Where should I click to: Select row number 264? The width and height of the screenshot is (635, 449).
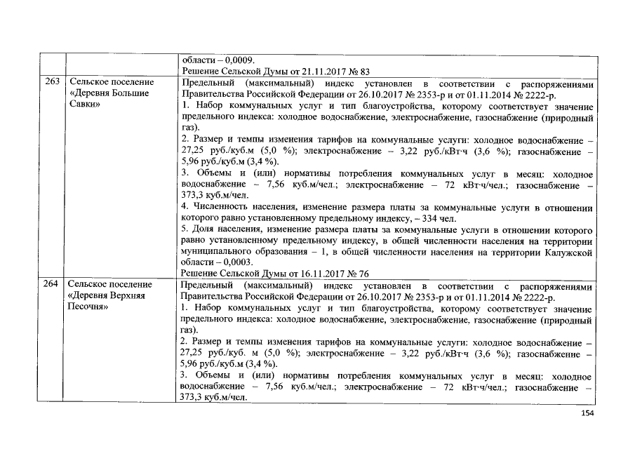point(51,285)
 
